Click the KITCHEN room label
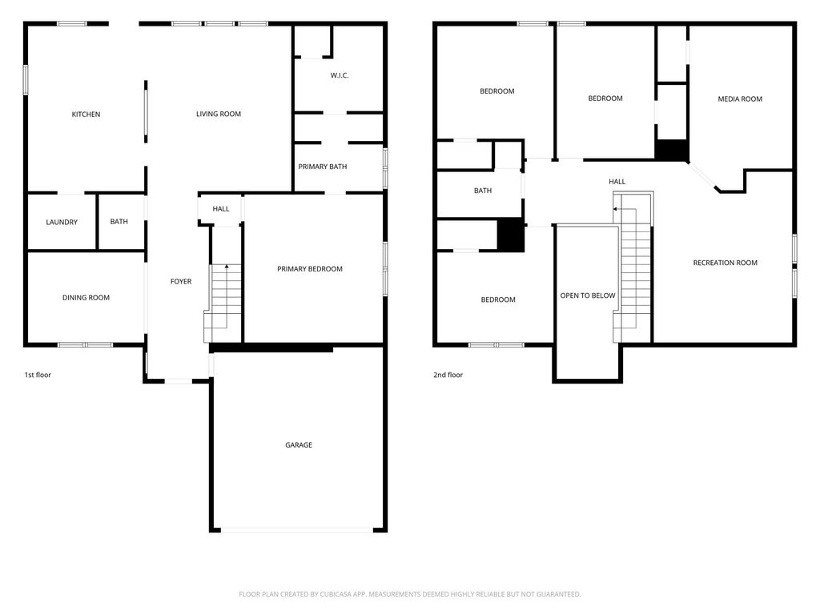[x=86, y=114]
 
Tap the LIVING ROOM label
[x=219, y=114]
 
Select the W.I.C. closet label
[x=340, y=75]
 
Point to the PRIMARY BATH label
[x=323, y=167]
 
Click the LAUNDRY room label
[x=62, y=222]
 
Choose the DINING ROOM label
[x=86, y=298]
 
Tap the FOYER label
[x=181, y=281]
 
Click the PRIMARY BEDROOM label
[x=310, y=269]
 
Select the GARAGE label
[x=299, y=445]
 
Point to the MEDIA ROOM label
[x=740, y=98]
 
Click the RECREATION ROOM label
[x=726, y=263]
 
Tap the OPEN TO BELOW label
[x=588, y=295]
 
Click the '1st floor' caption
[x=38, y=375]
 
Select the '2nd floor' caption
[x=448, y=375]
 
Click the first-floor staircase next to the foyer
[x=223, y=303]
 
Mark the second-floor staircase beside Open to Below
[x=633, y=267]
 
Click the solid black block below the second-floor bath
[x=510, y=235]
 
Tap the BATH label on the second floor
[x=483, y=191]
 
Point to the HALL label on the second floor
[x=617, y=182]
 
